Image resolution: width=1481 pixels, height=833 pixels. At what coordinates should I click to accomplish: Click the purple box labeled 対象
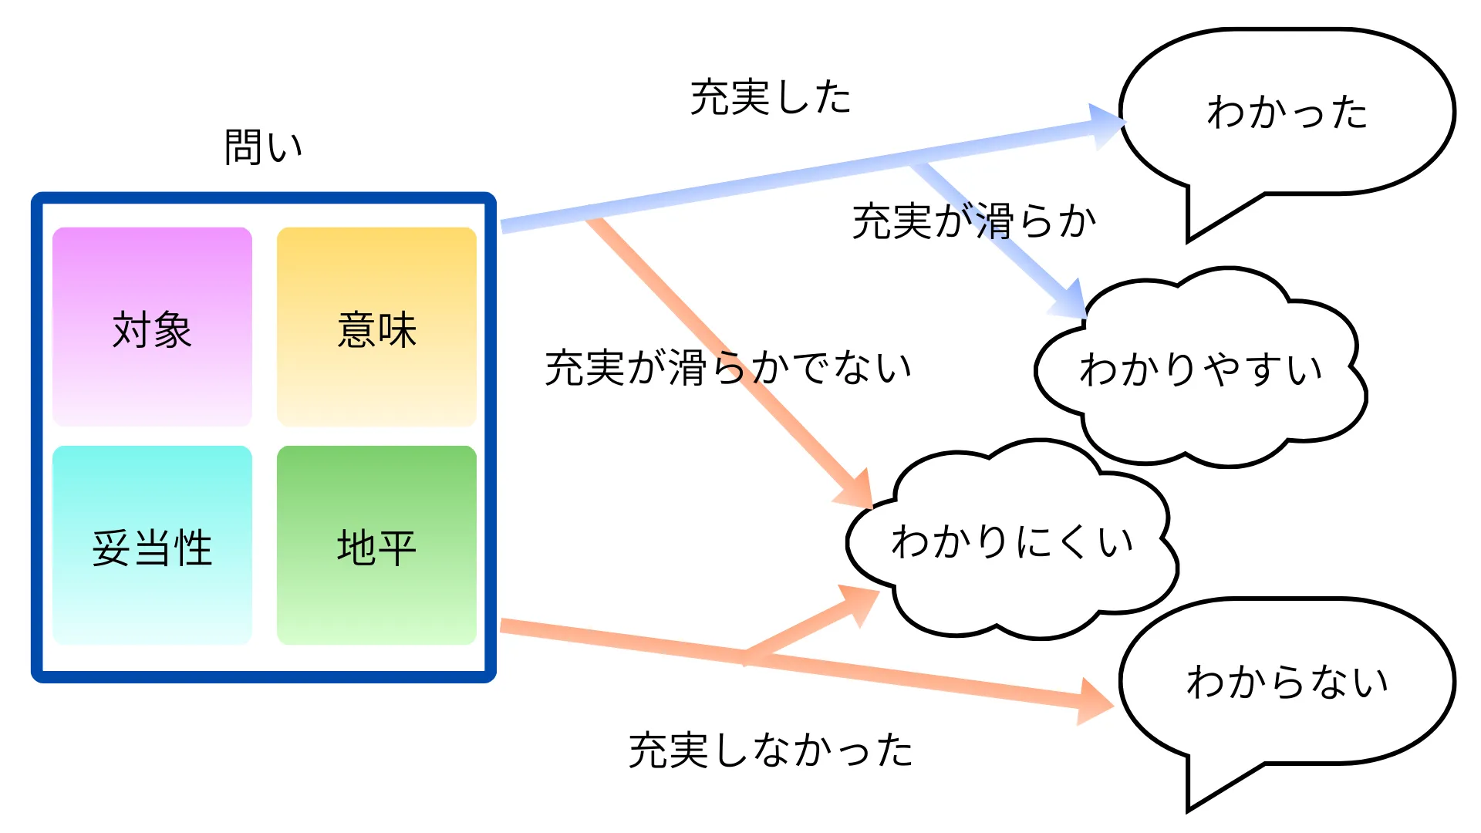point(152,326)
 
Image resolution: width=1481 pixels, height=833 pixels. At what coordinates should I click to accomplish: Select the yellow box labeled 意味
point(376,326)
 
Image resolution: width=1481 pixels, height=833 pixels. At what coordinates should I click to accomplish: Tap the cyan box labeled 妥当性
point(152,545)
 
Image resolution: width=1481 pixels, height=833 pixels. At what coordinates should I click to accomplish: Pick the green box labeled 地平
point(376,545)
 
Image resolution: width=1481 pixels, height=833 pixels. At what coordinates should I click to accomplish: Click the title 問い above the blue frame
point(263,147)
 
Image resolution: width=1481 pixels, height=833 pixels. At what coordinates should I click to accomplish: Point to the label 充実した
point(770,98)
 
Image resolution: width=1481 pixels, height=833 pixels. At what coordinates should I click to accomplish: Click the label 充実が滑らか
point(973,221)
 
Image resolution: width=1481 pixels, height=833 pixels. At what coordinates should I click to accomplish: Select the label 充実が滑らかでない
point(727,367)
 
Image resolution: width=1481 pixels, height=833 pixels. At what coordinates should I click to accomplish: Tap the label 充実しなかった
point(770,750)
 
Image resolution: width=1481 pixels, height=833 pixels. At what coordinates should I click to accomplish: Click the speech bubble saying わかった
point(1287,112)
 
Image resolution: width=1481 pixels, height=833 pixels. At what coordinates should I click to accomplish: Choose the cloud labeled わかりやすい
point(1200,369)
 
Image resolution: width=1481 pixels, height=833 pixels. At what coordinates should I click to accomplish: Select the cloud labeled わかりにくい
point(1012,541)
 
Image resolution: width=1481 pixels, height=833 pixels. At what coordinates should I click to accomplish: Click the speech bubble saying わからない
point(1287,681)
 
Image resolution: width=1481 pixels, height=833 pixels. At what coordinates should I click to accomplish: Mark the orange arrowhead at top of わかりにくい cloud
point(858,489)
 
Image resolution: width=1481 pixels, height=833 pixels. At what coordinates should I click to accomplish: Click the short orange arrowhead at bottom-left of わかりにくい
point(862,604)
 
